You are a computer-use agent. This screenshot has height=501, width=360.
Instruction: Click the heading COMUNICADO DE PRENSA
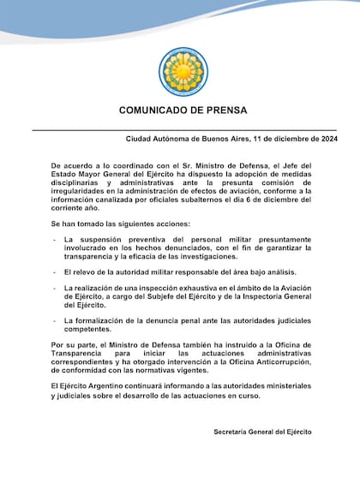pos(183,112)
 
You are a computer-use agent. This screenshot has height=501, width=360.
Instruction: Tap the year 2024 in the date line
pos(324,139)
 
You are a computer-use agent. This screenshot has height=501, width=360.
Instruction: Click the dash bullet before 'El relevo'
pos(55,271)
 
